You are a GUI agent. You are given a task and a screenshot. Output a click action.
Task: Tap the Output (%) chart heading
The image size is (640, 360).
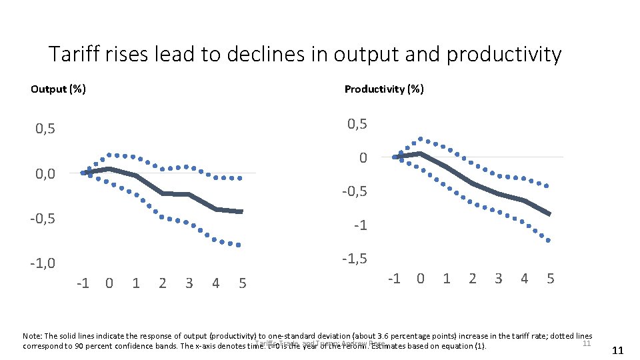point(58,89)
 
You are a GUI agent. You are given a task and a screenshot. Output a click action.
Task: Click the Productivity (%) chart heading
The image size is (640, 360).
point(383,89)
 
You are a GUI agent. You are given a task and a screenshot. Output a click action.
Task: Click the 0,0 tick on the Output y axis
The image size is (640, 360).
point(46,174)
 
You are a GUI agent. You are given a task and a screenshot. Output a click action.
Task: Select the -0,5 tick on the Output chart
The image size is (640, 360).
point(44,219)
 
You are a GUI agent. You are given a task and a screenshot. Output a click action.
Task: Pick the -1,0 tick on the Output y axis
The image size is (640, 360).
point(44,264)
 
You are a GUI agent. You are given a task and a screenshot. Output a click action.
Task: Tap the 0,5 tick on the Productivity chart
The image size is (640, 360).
point(357,124)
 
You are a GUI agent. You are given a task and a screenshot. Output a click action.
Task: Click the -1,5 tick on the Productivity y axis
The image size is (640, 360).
point(355,259)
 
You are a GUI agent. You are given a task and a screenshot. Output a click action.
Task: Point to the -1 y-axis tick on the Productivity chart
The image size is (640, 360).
point(360,225)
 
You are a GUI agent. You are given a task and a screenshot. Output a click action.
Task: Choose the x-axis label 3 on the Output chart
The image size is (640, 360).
point(189,283)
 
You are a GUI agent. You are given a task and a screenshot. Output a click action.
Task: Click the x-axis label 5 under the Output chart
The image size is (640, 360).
point(242,283)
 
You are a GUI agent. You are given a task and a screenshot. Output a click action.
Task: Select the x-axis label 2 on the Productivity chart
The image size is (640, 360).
point(473,278)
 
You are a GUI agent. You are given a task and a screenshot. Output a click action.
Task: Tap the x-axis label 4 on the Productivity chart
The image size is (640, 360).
point(525,278)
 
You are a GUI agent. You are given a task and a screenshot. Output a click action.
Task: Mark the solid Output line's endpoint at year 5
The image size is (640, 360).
point(241,211)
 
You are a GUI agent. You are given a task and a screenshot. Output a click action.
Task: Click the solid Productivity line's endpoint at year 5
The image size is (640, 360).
point(549,214)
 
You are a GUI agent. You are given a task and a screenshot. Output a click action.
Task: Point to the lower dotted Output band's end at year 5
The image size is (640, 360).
point(239,245)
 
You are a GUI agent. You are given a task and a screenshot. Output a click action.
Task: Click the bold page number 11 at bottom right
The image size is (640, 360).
point(617,351)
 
